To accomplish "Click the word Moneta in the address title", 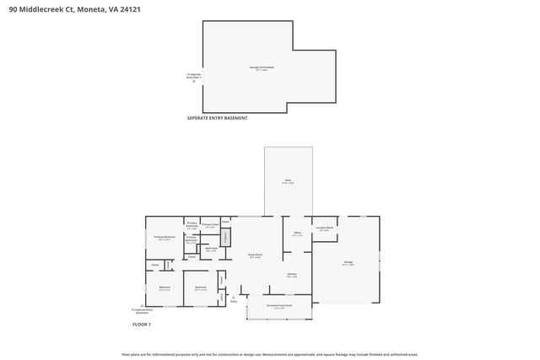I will (91, 10).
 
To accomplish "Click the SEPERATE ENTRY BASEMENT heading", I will (217, 118).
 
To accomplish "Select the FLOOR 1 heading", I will (142, 324).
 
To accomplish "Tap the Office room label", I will (297, 234).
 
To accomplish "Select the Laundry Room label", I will (325, 228).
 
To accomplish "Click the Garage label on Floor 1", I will (348, 263).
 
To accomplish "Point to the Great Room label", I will (254, 255).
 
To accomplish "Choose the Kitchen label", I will (291, 275).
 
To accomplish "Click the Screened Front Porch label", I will (279, 306).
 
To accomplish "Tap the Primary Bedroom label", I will (165, 238).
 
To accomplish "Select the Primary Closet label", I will (210, 225).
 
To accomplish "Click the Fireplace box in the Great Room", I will (225, 238).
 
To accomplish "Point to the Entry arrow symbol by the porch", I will (234, 298).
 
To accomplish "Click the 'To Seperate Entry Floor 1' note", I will (194, 77).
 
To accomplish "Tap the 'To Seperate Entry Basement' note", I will (142, 311).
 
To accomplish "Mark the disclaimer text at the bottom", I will (269, 354).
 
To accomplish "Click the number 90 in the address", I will (13, 10).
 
